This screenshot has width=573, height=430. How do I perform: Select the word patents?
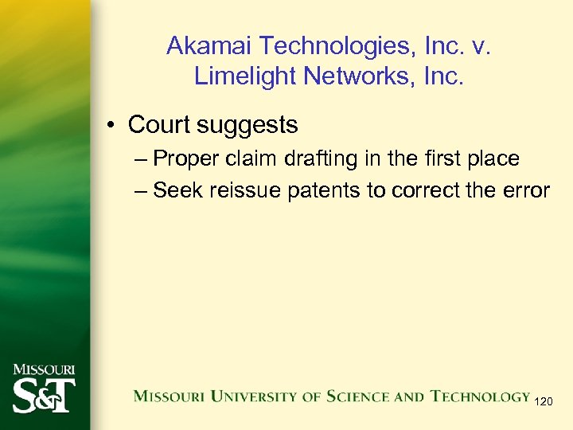click(x=318, y=191)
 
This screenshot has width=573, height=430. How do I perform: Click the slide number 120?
click(x=543, y=402)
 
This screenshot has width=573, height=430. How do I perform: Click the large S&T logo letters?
click(x=44, y=394)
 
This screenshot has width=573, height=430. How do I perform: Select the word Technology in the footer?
click(x=480, y=396)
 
